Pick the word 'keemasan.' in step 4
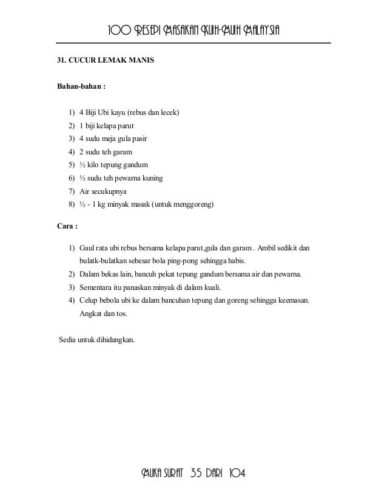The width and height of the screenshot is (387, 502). pos(291,300)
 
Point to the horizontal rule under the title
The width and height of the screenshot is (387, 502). pos(193,43)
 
